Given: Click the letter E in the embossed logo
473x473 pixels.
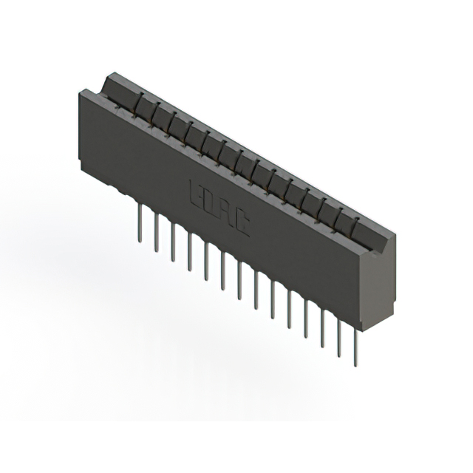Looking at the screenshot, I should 197,191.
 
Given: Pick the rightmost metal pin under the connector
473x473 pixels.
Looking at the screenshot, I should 355,347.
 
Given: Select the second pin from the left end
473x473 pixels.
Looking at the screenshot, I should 156,231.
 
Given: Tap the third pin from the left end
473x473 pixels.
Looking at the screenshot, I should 173,241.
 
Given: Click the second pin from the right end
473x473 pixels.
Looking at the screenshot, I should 339,338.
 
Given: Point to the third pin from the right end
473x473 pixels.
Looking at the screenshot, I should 323,328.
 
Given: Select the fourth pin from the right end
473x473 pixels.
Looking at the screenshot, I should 306,318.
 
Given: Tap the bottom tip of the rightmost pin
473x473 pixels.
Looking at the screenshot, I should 355,365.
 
